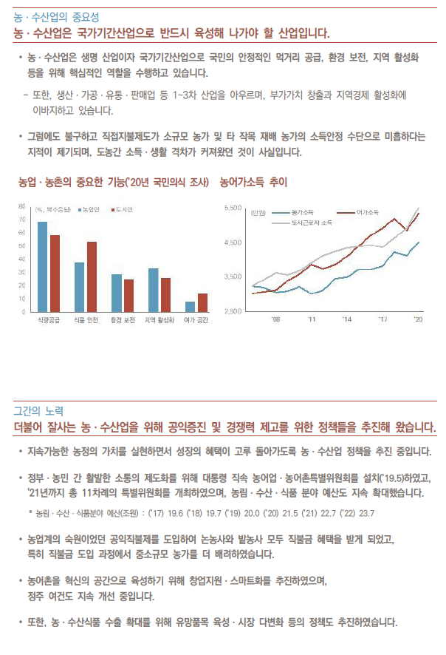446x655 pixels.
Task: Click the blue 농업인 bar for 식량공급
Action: tap(43, 267)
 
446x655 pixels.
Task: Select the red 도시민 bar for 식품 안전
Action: tap(92, 277)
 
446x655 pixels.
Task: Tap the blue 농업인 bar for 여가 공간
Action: tap(190, 307)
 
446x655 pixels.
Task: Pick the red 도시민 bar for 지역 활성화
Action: tap(165, 295)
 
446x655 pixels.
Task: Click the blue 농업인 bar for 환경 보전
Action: tap(117, 293)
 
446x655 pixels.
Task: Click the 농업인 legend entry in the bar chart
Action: tap(89, 210)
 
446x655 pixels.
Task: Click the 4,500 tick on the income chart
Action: tap(233, 242)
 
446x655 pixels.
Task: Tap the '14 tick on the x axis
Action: tap(347, 319)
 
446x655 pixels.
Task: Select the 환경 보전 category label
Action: tap(123, 320)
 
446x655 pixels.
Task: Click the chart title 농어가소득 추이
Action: tap(253, 182)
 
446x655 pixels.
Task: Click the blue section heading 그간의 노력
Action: tap(38, 411)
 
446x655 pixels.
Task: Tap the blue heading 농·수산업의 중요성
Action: tap(56, 17)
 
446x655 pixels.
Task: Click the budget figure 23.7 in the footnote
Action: tap(366, 513)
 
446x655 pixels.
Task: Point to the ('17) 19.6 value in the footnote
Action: tap(166, 513)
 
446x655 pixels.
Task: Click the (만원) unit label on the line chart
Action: tap(258, 213)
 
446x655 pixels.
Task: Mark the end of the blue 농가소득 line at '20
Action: tap(419, 242)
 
